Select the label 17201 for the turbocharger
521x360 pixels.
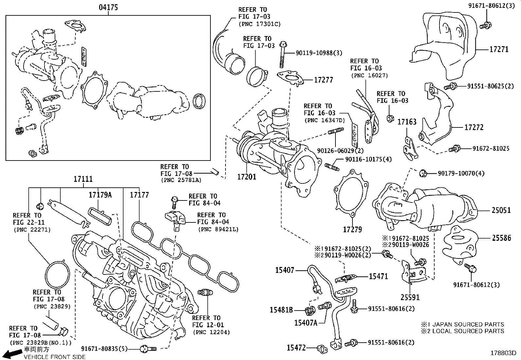click(246, 177)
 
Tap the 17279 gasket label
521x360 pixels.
click(352, 230)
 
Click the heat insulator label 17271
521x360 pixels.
click(499, 49)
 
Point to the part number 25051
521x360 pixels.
click(501, 210)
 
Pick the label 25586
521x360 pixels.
click(501, 238)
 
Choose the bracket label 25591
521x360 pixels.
click(410, 297)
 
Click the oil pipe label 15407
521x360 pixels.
click(284, 270)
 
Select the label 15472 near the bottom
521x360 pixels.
click(296, 348)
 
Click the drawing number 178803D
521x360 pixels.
click(503, 353)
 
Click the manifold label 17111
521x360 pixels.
click(83, 179)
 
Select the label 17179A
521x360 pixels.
click(100, 195)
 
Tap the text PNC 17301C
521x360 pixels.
click(260, 24)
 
